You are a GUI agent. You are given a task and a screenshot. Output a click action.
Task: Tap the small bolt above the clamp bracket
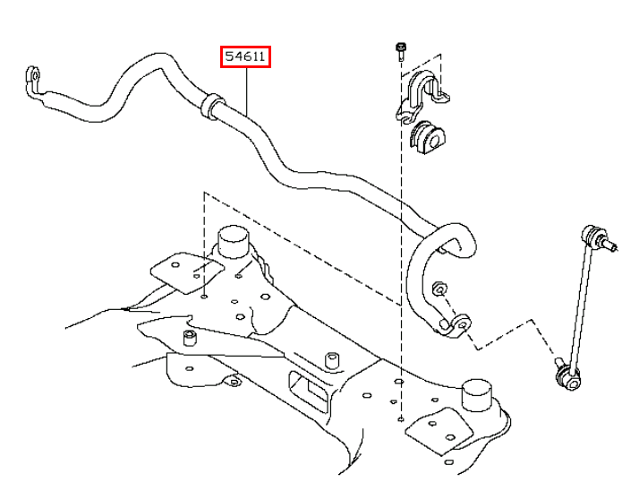click(399, 49)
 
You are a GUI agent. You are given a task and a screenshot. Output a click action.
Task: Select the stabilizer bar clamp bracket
click(418, 93)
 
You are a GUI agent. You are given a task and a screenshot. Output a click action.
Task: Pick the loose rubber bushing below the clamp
click(429, 136)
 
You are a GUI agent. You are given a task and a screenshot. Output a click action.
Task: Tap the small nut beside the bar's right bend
click(439, 289)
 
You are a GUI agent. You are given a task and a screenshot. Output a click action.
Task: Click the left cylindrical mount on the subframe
click(234, 245)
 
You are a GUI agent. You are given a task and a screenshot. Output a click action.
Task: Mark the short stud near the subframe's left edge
click(189, 339)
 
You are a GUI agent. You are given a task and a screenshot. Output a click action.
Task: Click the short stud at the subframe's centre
click(332, 357)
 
